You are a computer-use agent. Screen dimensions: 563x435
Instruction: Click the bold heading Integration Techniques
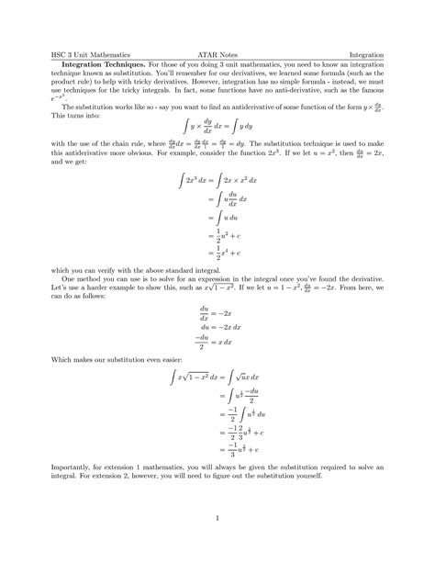pyautogui.click(x=101, y=64)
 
